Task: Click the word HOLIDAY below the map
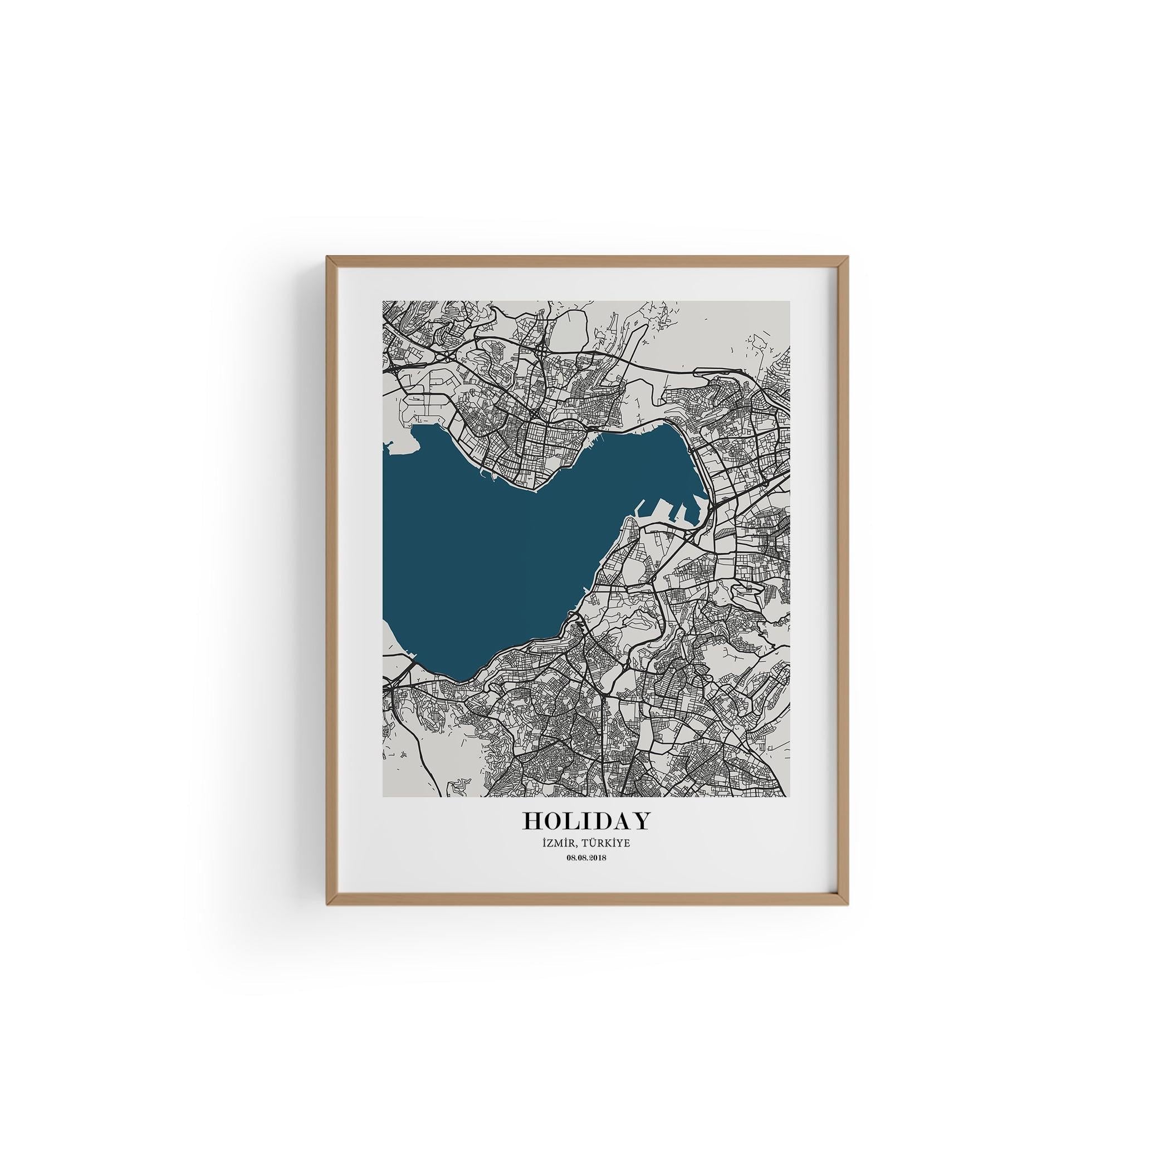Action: [587, 820]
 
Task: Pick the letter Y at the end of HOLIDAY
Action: [641, 820]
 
